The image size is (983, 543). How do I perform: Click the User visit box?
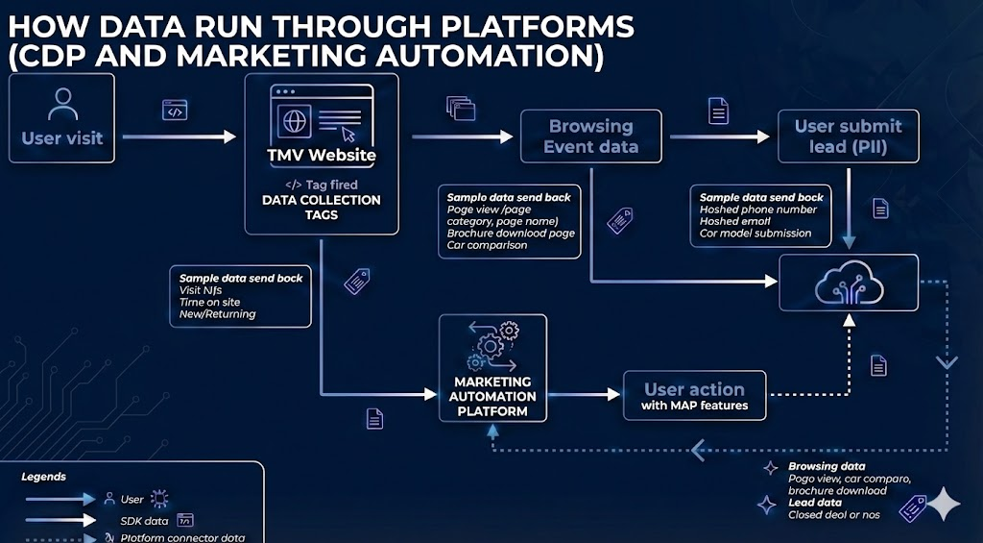click(x=61, y=119)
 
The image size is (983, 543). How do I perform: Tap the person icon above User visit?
click(x=63, y=101)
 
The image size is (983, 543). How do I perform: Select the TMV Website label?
click(x=322, y=155)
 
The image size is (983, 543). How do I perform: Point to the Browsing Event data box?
click(x=590, y=136)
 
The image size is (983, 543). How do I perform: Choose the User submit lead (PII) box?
click(x=848, y=136)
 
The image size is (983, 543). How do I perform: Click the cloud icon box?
click(x=848, y=283)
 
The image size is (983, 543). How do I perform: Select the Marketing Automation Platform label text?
click(x=493, y=396)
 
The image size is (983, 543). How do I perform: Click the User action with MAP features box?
click(x=694, y=396)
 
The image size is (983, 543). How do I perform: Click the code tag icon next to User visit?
click(x=174, y=111)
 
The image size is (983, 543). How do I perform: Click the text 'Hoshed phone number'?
click(x=758, y=210)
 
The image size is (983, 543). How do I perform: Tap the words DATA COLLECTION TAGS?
click(x=322, y=208)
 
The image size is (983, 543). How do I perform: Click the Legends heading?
click(x=44, y=477)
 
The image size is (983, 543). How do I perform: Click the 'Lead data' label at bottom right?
click(x=815, y=503)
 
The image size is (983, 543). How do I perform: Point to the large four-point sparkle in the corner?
click(x=943, y=504)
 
